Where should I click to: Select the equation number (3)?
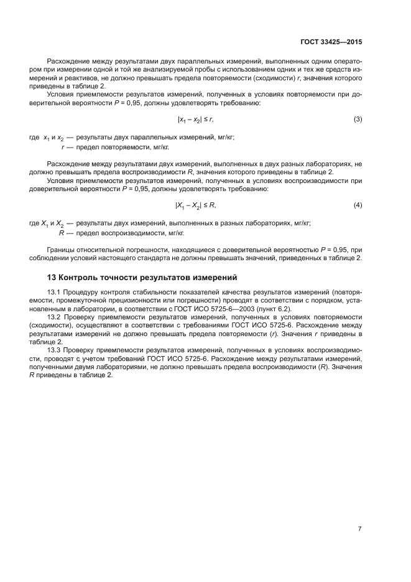coord(358,119)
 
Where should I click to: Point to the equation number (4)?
coord(358,205)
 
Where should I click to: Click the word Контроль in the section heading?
coord(80,277)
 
